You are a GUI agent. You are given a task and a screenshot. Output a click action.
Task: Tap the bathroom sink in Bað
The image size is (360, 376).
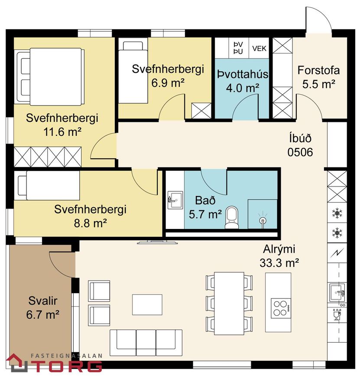[x=175, y=200]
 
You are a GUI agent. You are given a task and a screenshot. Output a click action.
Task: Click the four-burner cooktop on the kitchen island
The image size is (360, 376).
[x=280, y=308]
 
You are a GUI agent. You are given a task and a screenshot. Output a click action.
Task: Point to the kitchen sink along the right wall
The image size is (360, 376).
[x=337, y=292]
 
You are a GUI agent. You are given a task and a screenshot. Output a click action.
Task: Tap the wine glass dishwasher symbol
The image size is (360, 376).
[x=337, y=314]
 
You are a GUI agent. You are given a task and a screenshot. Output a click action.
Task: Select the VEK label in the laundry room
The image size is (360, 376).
[x=259, y=49]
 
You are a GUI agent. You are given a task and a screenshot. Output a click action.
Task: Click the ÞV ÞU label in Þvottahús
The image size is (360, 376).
[x=238, y=48]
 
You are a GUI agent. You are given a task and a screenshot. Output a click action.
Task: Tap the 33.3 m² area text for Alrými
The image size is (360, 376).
[x=279, y=263]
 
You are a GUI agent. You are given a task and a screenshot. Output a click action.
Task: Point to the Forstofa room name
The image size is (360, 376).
[x=318, y=70]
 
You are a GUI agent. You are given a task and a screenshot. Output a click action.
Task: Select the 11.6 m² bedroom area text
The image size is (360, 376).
[x=62, y=132]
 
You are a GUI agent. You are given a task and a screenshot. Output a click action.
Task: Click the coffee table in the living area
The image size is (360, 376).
[x=147, y=305]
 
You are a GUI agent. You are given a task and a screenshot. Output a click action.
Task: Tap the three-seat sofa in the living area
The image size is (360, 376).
[x=146, y=343]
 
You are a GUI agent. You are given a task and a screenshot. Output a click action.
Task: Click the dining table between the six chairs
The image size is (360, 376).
[x=229, y=303]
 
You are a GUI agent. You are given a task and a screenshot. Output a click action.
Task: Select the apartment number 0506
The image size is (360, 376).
[x=300, y=152]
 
